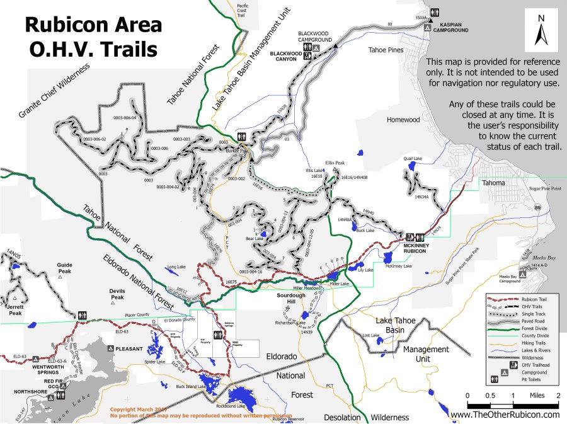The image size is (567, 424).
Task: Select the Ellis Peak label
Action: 335,162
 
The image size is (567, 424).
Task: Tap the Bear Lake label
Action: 255,239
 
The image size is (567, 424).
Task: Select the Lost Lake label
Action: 371,335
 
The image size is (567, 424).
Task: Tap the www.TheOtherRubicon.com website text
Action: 505,415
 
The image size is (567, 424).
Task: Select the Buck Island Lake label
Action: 192,386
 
